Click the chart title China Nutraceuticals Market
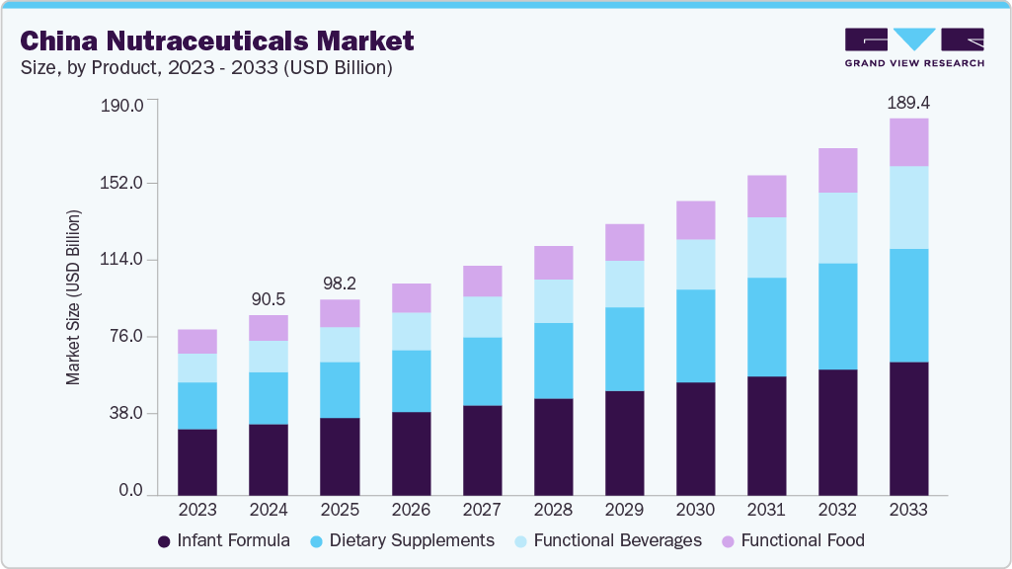tap(216, 41)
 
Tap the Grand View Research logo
tap(914, 46)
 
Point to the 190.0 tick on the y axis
tap(123, 106)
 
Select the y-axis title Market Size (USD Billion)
tap(73, 297)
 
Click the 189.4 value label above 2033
tap(908, 103)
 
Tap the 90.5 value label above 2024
tap(269, 299)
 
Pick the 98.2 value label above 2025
tap(340, 284)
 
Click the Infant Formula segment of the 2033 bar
tap(908, 428)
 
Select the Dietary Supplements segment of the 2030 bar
tap(695, 336)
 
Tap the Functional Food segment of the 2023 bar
tap(197, 341)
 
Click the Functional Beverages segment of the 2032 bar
tap(837, 228)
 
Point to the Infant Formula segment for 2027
tap(482, 449)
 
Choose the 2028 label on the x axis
tap(553, 510)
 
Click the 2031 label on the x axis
tap(766, 510)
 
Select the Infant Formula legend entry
tap(224, 540)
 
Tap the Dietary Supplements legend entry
tap(402, 540)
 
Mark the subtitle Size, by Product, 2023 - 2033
tap(206, 68)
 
